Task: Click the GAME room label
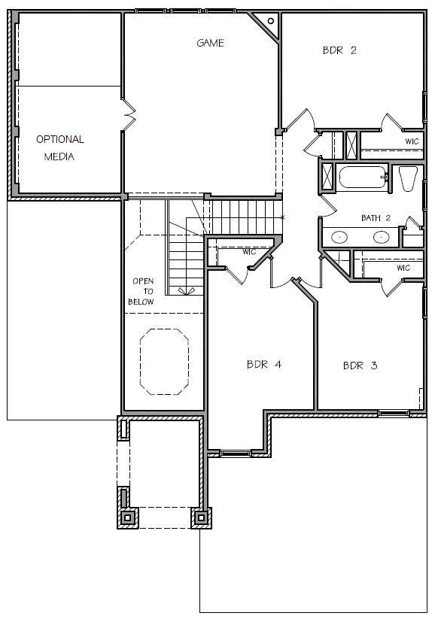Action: pyautogui.click(x=210, y=43)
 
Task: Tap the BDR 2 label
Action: pyautogui.click(x=339, y=50)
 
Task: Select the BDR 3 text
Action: pyautogui.click(x=360, y=366)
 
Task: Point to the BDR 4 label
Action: pyautogui.click(x=264, y=364)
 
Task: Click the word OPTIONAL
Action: pyautogui.click(x=60, y=139)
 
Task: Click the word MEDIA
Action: pyautogui.click(x=59, y=156)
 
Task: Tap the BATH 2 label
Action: pyautogui.click(x=376, y=218)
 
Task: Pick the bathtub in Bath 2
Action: pyautogui.click(x=363, y=177)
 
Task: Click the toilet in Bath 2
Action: pyautogui.click(x=408, y=178)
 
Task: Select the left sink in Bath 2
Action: pyautogui.click(x=339, y=237)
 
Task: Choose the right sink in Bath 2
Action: pyautogui.click(x=381, y=237)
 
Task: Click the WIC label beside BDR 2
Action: pyautogui.click(x=412, y=141)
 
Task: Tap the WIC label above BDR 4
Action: pyautogui.click(x=249, y=252)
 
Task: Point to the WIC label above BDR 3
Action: pyautogui.click(x=403, y=268)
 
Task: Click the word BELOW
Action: pyautogui.click(x=141, y=302)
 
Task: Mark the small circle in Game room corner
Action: pyautogui.click(x=271, y=21)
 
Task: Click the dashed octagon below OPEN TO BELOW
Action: pyautogui.click(x=164, y=362)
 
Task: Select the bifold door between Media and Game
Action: pyautogui.click(x=129, y=115)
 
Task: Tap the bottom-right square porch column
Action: pyautogui.click(x=201, y=517)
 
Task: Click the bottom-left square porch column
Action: pyautogui.click(x=128, y=517)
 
